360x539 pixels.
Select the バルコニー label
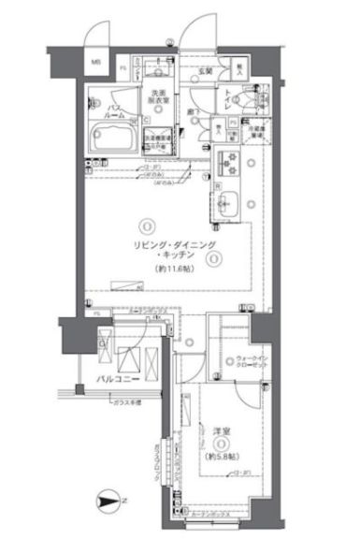pos(117,381)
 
